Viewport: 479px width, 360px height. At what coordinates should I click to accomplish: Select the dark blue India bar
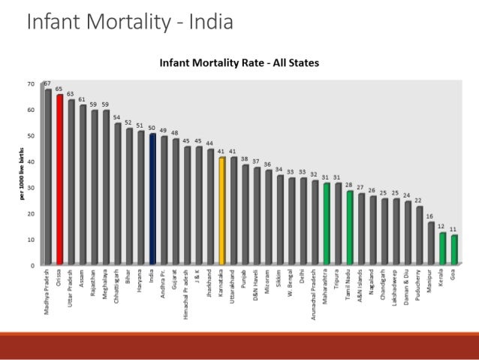[152, 198]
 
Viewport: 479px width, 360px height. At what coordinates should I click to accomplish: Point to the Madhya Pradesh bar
[49, 177]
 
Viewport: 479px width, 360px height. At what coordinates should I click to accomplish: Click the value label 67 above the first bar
[47, 83]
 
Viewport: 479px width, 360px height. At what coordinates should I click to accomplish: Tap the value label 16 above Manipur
[430, 216]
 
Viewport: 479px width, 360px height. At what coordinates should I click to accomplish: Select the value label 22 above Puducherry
[419, 201]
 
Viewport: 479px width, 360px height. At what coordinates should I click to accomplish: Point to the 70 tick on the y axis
[31, 83]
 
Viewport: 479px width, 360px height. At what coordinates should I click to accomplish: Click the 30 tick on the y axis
[31, 187]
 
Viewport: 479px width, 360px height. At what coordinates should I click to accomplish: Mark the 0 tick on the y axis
[32, 265]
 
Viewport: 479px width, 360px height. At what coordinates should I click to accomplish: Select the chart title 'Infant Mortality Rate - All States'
[239, 63]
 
